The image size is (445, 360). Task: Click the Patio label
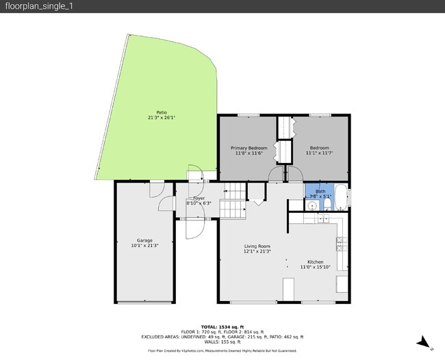[161, 112]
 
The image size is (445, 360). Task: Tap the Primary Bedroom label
[249, 148]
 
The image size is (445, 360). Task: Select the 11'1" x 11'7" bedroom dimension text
[319, 153]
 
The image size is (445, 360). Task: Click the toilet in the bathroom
[327, 203]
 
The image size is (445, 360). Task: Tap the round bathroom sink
[312, 205]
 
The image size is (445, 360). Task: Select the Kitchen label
[315, 262]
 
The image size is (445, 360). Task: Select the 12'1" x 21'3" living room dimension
[257, 251]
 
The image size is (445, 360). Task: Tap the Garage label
[144, 240]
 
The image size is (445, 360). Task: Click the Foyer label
[199, 198]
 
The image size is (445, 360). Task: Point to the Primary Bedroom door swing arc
[276, 176]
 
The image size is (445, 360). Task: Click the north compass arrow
[424, 342]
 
